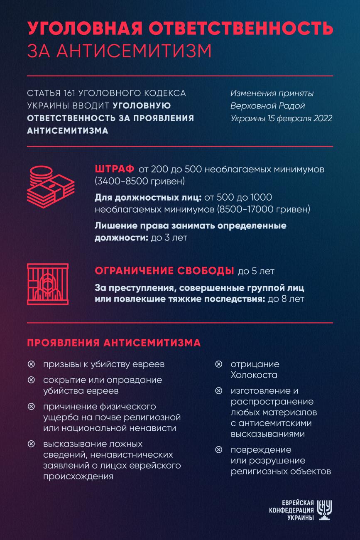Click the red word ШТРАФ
click(114, 169)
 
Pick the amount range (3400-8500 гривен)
click(140, 182)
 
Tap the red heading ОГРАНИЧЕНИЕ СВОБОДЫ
click(164, 271)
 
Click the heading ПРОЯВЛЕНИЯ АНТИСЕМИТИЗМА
click(114, 343)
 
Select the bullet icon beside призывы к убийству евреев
click(31, 364)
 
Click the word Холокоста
click(254, 375)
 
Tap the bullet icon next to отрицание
click(218, 364)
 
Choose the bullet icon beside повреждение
click(218, 450)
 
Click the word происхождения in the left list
click(78, 476)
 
